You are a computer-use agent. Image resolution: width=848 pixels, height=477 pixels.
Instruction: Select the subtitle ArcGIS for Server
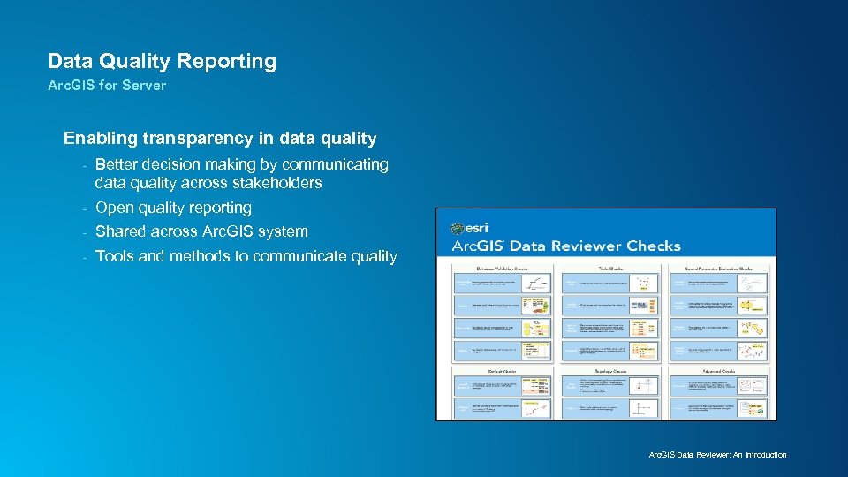[107, 86]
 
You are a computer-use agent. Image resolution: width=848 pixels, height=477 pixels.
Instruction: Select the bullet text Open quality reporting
[173, 208]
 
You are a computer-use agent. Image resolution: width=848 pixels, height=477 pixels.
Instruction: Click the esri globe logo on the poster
[458, 228]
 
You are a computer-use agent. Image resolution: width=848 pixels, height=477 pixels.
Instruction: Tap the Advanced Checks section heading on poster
[719, 371]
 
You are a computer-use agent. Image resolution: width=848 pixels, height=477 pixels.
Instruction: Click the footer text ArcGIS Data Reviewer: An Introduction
[717, 455]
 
